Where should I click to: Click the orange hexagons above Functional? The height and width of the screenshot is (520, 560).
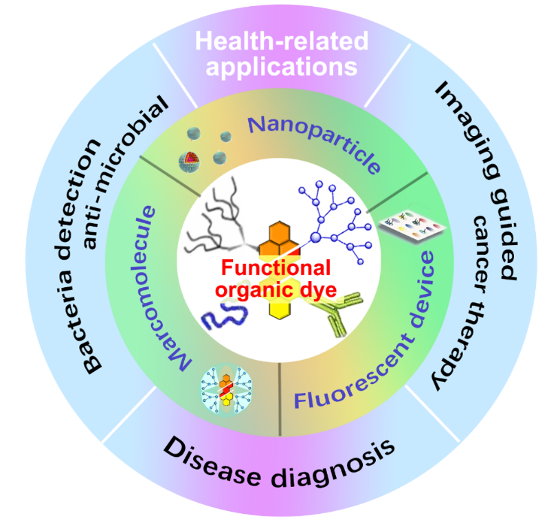(x=279, y=237)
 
